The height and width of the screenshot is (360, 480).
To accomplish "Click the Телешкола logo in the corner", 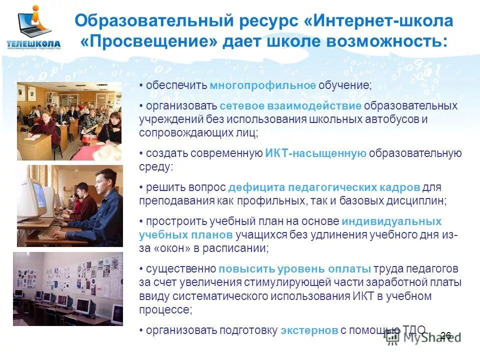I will coord(33,28).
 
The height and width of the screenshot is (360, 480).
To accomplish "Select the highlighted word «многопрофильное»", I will coord(262,85).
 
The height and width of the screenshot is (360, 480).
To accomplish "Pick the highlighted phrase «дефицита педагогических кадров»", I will coord(323,187).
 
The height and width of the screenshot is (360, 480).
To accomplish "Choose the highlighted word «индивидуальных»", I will coord(391,221).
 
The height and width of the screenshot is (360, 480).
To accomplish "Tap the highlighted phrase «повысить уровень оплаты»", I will coord(294,269).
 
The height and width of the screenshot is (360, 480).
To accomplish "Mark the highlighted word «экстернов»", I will coord(309,330).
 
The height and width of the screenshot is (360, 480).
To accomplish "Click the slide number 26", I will coord(446,335).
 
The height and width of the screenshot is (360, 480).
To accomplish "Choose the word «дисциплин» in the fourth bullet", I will coord(418,201).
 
